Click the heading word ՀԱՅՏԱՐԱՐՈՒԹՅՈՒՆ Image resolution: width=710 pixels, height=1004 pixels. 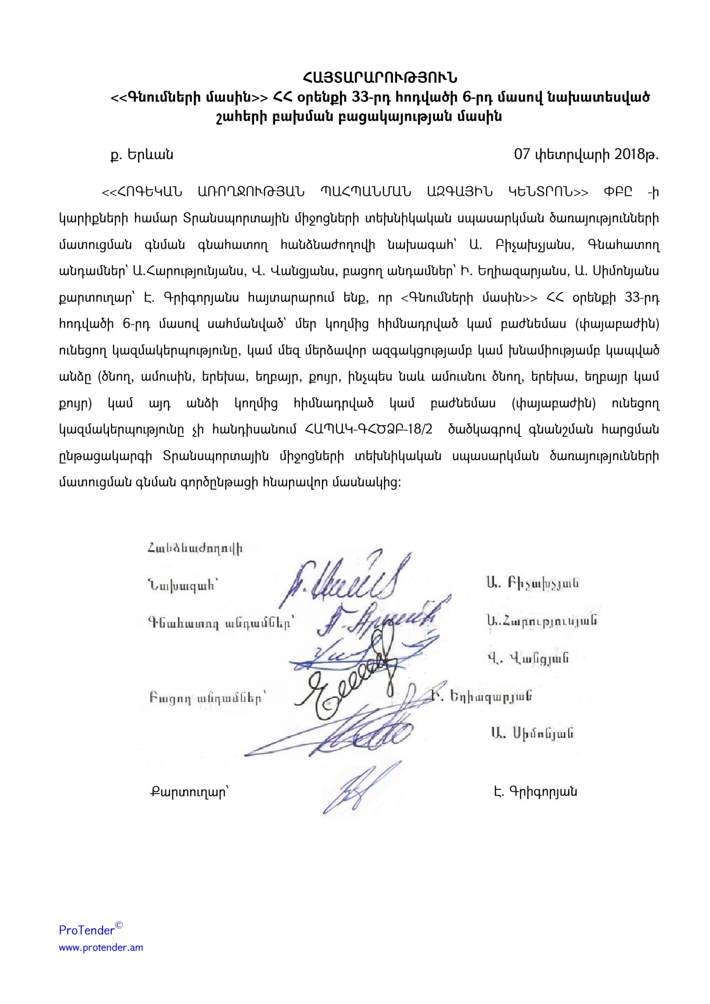click(379, 78)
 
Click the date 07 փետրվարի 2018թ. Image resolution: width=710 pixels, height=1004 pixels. click(586, 155)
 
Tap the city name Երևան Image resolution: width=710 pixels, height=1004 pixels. click(150, 155)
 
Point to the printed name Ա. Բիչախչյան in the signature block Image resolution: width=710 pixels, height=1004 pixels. click(532, 583)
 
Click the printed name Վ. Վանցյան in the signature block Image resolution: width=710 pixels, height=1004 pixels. click(528, 658)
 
